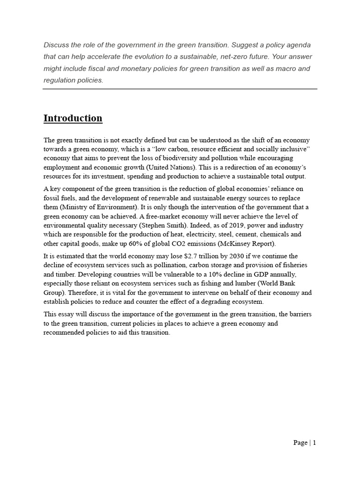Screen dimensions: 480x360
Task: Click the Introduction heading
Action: point(73,118)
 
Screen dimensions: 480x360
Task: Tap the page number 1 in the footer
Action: point(315,442)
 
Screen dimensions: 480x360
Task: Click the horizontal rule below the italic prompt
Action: point(180,89)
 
